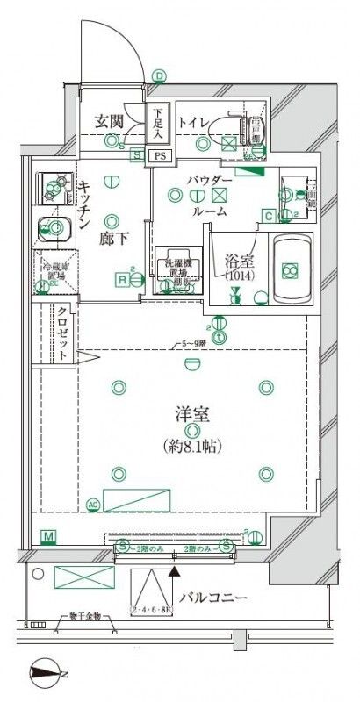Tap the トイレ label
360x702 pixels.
click(194, 122)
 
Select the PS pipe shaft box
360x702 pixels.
click(159, 156)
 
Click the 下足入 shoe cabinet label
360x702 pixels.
click(157, 124)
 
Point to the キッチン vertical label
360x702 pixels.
click(84, 204)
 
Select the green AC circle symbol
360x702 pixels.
click(93, 505)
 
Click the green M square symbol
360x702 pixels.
click(48, 536)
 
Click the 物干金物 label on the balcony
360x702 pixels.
click(85, 616)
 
